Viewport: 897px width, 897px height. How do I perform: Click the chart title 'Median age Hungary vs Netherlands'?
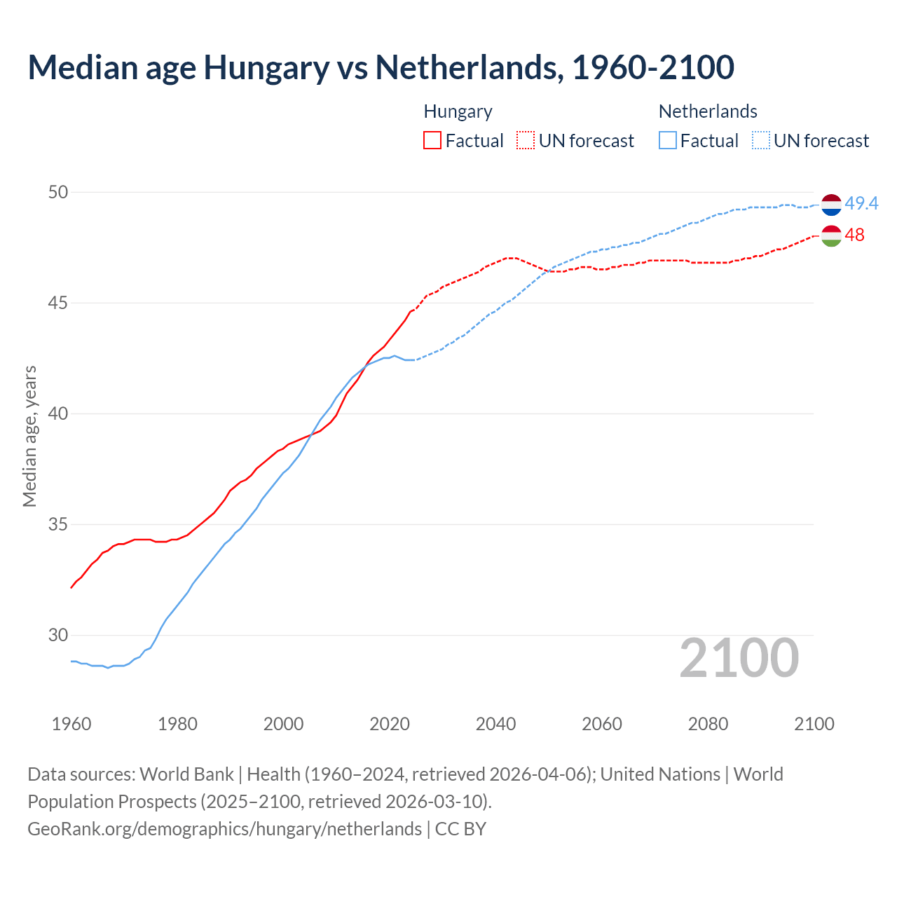click(381, 68)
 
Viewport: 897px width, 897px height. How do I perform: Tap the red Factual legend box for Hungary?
click(432, 141)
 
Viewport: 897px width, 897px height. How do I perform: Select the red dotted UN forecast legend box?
click(526, 141)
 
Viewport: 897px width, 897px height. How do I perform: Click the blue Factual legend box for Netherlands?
click(667, 141)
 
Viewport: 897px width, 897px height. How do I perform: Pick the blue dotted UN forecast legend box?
click(760, 141)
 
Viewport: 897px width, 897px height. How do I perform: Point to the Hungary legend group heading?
click(458, 111)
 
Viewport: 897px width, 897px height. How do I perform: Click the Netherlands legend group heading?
click(707, 111)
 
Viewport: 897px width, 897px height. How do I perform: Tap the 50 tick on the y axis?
click(58, 192)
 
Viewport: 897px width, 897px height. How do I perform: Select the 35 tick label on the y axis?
click(58, 524)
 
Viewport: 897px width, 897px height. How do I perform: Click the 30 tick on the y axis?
click(58, 635)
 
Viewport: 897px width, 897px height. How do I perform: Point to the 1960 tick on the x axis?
click(71, 724)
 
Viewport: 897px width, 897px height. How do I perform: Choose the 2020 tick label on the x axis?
click(390, 724)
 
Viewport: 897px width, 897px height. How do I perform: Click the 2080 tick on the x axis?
click(708, 724)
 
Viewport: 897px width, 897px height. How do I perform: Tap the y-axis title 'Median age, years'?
click(29, 436)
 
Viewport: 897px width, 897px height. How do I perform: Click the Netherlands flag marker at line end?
click(831, 205)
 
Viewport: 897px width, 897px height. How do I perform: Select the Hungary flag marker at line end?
click(831, 236)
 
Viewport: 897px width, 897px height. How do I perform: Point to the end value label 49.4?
click(861, 204)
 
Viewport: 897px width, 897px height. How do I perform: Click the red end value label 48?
click(854, 235)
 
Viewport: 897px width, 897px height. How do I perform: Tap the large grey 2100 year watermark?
click(739, 657)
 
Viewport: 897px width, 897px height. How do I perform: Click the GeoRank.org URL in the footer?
click(224, 829)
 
